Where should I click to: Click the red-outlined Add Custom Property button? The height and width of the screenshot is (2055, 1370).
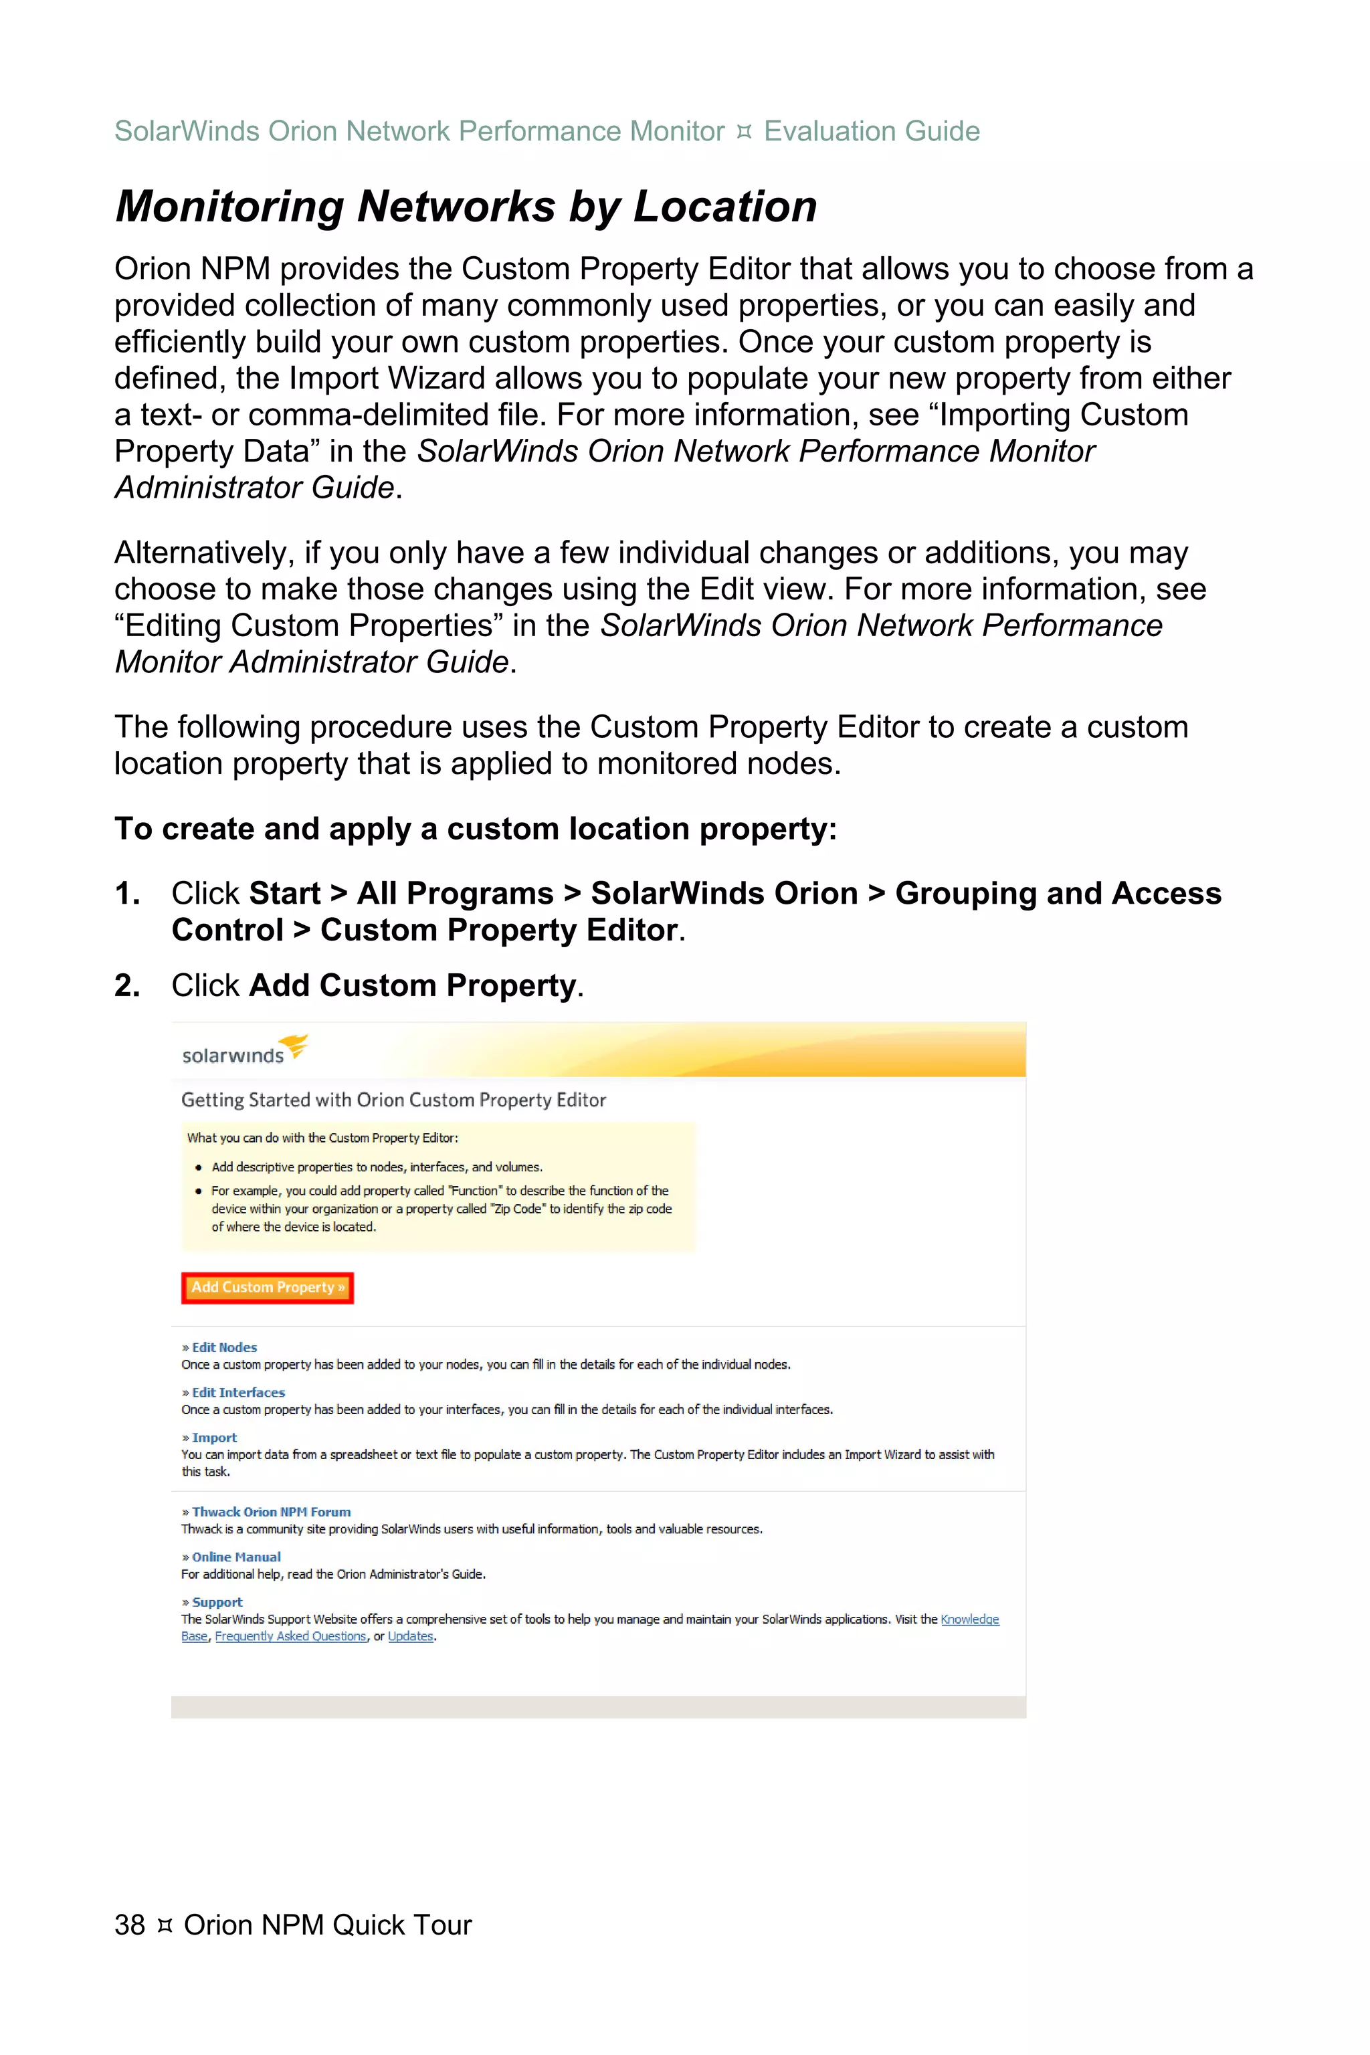pos(268,1287)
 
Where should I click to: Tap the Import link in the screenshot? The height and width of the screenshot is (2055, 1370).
pos(214,1438)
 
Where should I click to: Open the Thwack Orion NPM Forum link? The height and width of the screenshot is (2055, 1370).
pos(271,1512)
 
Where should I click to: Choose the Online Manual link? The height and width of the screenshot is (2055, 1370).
pos(236,1557)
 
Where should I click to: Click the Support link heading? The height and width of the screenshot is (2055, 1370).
pos(217,1602)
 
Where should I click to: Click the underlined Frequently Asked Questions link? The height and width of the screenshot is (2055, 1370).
pos(291,1636)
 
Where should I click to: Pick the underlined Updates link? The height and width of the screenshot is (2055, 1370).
pos(411,1636)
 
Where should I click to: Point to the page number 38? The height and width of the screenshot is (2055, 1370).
pos(129,1925)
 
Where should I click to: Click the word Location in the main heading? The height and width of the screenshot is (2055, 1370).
pos(724,208)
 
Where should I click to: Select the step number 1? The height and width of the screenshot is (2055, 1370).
pos(126,894)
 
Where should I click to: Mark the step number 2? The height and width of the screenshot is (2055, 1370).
pos(126,985)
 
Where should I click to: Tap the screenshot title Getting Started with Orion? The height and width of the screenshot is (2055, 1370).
pos(393,1100)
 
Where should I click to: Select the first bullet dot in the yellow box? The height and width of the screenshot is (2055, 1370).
pos(199,1167)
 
